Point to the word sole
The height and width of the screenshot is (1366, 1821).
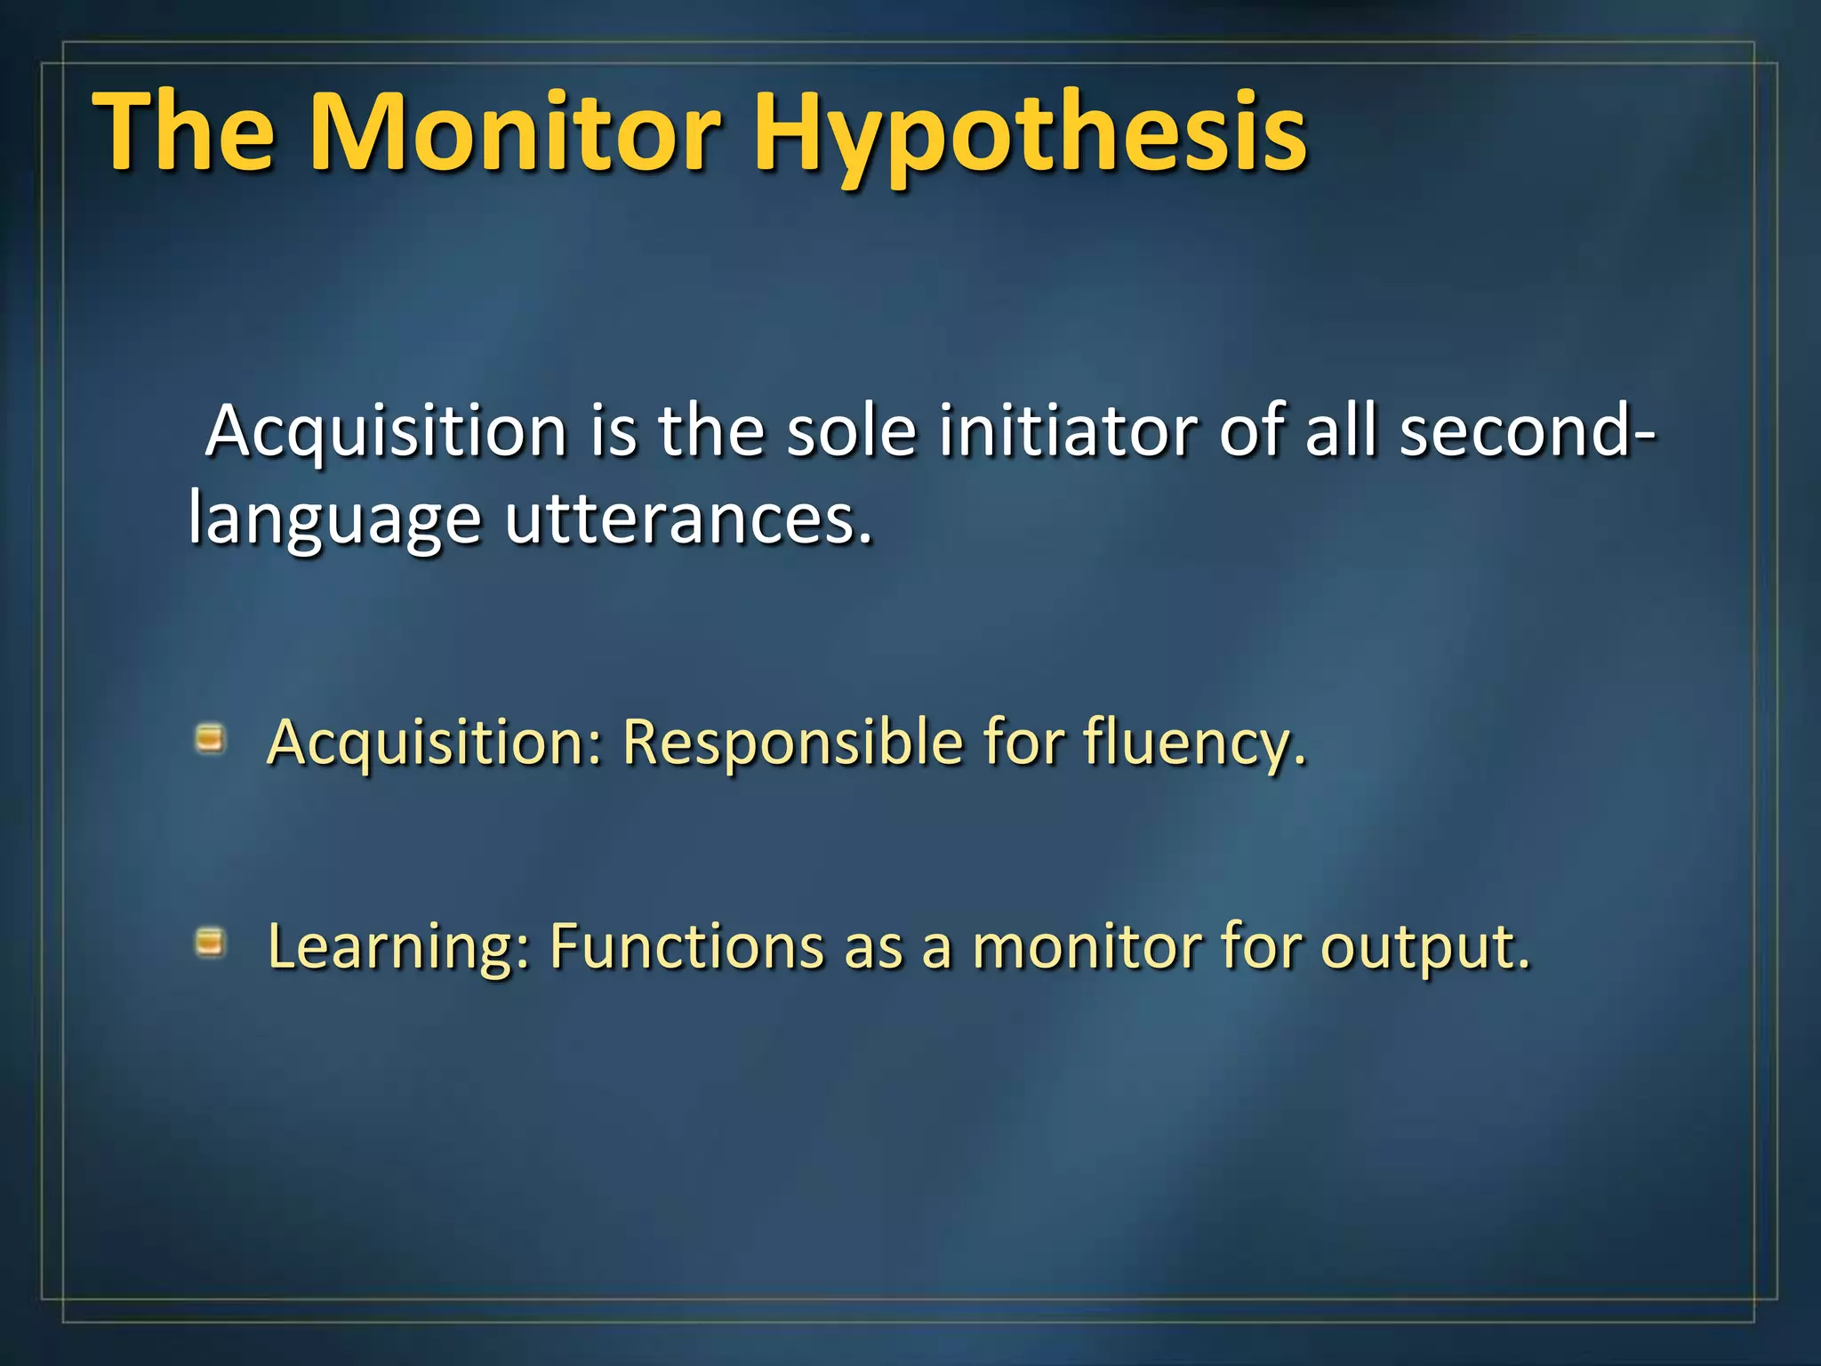(x=851, y=431)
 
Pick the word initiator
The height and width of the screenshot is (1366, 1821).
(x=1068, y=431)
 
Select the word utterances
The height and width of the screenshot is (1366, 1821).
(x=689, y=520)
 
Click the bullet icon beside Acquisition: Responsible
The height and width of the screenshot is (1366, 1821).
(x=210, y=738)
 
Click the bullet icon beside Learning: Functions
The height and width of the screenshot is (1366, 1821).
(x=210, y=942)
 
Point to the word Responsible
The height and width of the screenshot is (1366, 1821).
(x=792, y=742)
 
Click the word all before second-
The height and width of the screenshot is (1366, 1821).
(x=1342, y=431)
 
